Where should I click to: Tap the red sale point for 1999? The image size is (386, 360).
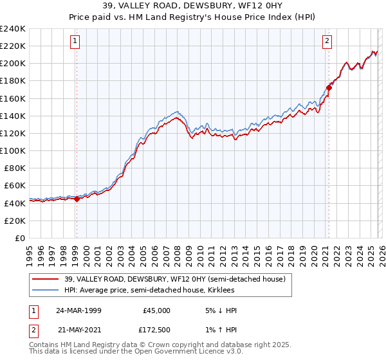click(x=77, y=199)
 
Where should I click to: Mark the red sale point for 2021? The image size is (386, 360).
click(x=329, y=87)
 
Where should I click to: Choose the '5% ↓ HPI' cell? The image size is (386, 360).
click(x=220, y=310)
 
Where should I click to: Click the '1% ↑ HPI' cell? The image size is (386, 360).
click(x=220, y=330)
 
